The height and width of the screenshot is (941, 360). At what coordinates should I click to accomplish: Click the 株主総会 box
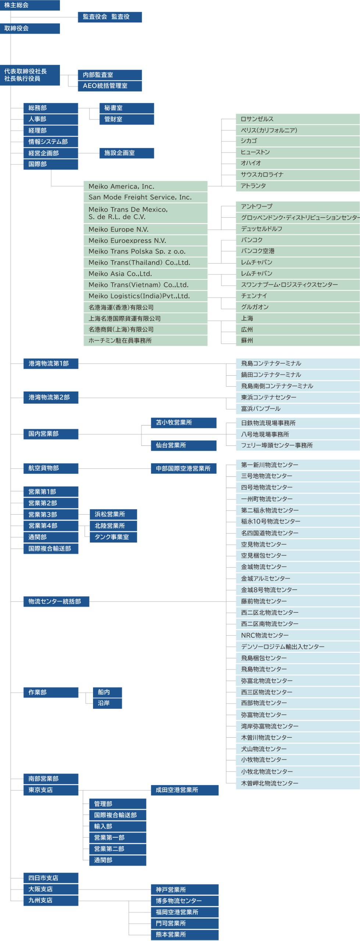29,5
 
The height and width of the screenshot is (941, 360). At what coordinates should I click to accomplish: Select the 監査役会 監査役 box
110,17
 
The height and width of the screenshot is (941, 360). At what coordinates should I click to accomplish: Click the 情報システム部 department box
50,142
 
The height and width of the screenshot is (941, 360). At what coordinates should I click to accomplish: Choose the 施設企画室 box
126,153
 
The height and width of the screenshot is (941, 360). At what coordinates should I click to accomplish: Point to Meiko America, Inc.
121,186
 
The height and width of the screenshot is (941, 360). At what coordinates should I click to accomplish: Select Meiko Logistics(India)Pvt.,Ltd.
139,296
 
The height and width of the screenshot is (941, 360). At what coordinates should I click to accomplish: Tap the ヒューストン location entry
255,152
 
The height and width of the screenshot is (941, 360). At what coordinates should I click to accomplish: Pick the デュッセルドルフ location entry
261,229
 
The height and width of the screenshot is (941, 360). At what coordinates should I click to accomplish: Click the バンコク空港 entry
258,251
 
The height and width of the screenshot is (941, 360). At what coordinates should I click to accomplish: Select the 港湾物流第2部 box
50,397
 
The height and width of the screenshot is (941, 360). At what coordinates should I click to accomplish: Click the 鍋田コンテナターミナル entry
271,375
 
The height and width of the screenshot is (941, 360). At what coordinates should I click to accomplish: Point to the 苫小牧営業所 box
183,423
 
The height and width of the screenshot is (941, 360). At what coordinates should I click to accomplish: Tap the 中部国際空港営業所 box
183,469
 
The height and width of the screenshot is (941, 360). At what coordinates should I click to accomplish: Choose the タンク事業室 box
113,537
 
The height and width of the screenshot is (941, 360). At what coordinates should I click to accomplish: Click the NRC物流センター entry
265,635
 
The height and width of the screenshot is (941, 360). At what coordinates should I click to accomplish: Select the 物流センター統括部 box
56,602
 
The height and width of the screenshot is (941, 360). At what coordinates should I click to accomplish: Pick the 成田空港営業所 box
184,790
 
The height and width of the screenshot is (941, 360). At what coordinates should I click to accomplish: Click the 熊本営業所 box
184,934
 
